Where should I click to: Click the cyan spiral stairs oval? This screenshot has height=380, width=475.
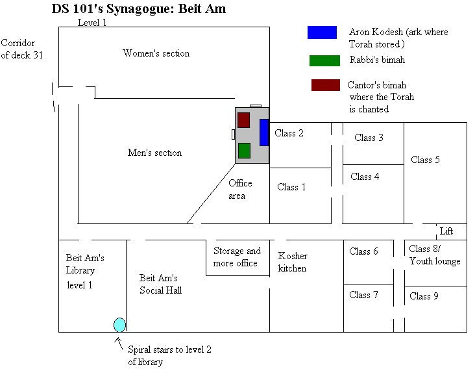coord(119,325)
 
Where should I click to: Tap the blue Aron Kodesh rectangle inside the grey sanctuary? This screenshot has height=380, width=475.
coord(264,133)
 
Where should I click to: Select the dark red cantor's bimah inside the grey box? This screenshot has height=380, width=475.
coord(243,120)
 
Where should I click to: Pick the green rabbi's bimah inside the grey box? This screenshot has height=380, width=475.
coord(244,151)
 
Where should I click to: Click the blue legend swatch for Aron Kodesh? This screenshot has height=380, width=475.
coord(322,32)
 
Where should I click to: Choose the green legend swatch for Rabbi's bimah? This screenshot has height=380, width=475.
coord(324,60)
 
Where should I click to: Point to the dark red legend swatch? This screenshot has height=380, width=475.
coord(325,85)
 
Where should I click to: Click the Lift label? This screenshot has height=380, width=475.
coord(446,231)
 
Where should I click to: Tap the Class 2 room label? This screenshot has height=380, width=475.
coord(289,134)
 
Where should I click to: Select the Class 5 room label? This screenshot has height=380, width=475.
coord(425,160)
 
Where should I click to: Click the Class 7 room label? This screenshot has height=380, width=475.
coord(363,295)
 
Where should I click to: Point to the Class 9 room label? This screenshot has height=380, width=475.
coord(424,296)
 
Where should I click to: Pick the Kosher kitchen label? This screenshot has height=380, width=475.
coord(293,262)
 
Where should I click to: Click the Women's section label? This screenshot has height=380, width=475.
coord(156,53)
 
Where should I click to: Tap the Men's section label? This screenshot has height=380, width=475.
coord(154,153)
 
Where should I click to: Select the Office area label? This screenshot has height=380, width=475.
coord(240,189)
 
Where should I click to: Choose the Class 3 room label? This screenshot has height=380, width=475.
coord(369,138)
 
